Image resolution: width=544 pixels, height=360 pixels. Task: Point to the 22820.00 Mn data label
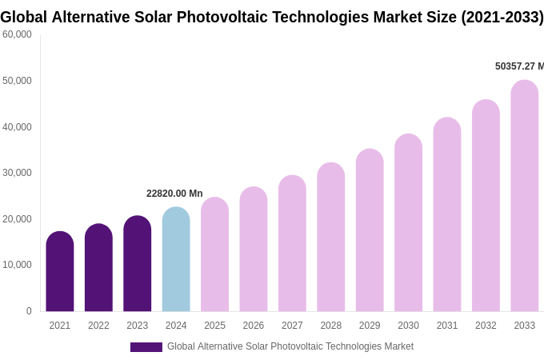174,194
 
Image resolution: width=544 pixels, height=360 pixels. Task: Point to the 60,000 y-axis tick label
17,34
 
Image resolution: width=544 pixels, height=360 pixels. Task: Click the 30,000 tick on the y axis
17,173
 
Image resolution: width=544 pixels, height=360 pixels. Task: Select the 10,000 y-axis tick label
17,265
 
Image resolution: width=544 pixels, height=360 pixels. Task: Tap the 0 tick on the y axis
29,311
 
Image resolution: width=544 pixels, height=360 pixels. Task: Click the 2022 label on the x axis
98,326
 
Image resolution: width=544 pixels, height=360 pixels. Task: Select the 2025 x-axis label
214,326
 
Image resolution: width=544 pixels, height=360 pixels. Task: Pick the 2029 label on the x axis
370,326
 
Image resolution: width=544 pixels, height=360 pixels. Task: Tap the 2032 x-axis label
486,326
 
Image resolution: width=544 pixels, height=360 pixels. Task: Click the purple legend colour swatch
146,347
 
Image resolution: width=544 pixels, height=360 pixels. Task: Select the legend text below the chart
290,346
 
